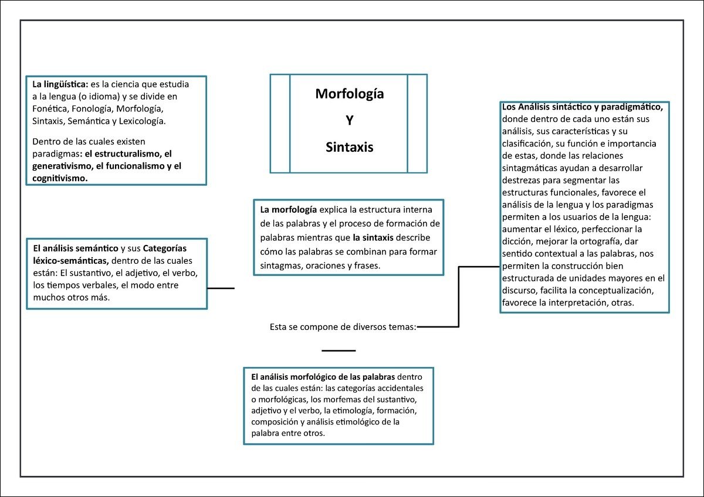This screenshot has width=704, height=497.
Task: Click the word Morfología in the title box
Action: [350, 94]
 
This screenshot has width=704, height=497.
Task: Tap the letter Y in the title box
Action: [349, 121]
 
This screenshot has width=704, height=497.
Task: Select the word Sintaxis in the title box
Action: [350, 147]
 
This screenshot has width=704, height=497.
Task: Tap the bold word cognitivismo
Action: [60, 178]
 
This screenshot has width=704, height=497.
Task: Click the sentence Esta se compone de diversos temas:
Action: [343, 327]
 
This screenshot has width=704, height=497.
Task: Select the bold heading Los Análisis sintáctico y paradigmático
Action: [583, 107]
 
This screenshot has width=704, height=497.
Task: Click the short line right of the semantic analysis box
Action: [221, 288]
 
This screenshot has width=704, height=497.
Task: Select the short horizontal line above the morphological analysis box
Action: [339, 350]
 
